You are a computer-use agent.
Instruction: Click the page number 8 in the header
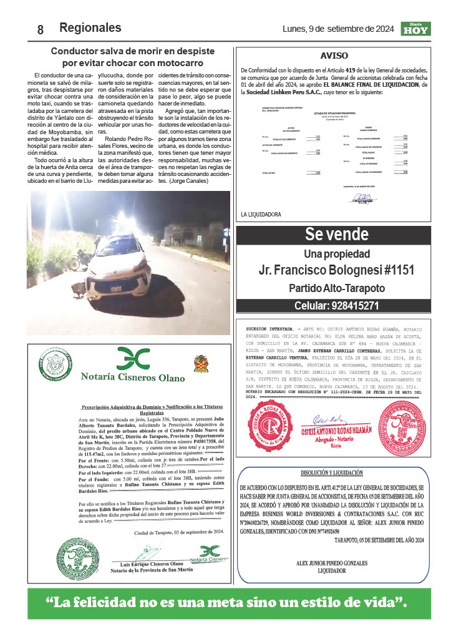(40, 29)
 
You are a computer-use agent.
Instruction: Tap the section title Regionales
(90, 28)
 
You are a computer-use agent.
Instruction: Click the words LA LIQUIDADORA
(261, 214)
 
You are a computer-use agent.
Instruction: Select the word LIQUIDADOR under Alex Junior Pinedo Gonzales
(336, 570)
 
